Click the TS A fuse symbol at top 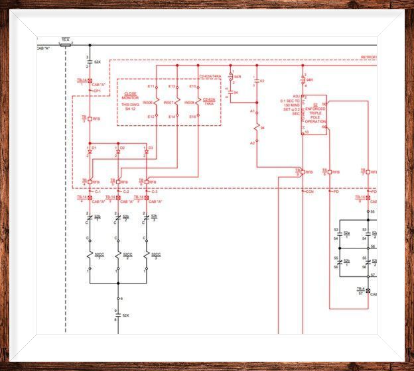[x=66, y=45]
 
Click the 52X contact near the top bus [x=90, y=62]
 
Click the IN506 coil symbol [x=157, y=102]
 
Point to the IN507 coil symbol [x=178, y=102]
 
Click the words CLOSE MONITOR [x=131, y=97]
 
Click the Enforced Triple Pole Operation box [x=314, y=115]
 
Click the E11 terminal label [x=151, y=86]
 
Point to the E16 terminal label [x=192, y=117]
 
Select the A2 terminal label [x=252, y=142]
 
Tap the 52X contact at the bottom [x=118, y=315]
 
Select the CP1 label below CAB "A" [x=97, y=91]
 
